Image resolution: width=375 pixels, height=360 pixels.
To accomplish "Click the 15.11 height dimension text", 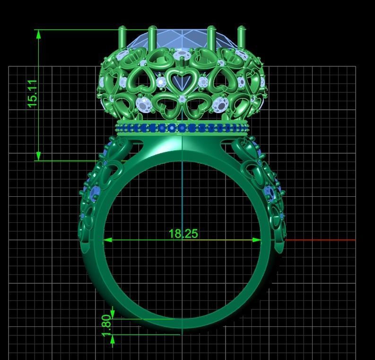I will tap(32, 93).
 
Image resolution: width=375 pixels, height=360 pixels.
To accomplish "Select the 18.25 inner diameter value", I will tap(183, 234).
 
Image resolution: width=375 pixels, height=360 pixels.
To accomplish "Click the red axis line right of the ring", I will tap(322, 240).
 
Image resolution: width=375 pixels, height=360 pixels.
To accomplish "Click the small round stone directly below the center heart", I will tap(183, 99).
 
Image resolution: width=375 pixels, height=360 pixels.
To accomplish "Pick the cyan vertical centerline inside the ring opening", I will tap(183, 199).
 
